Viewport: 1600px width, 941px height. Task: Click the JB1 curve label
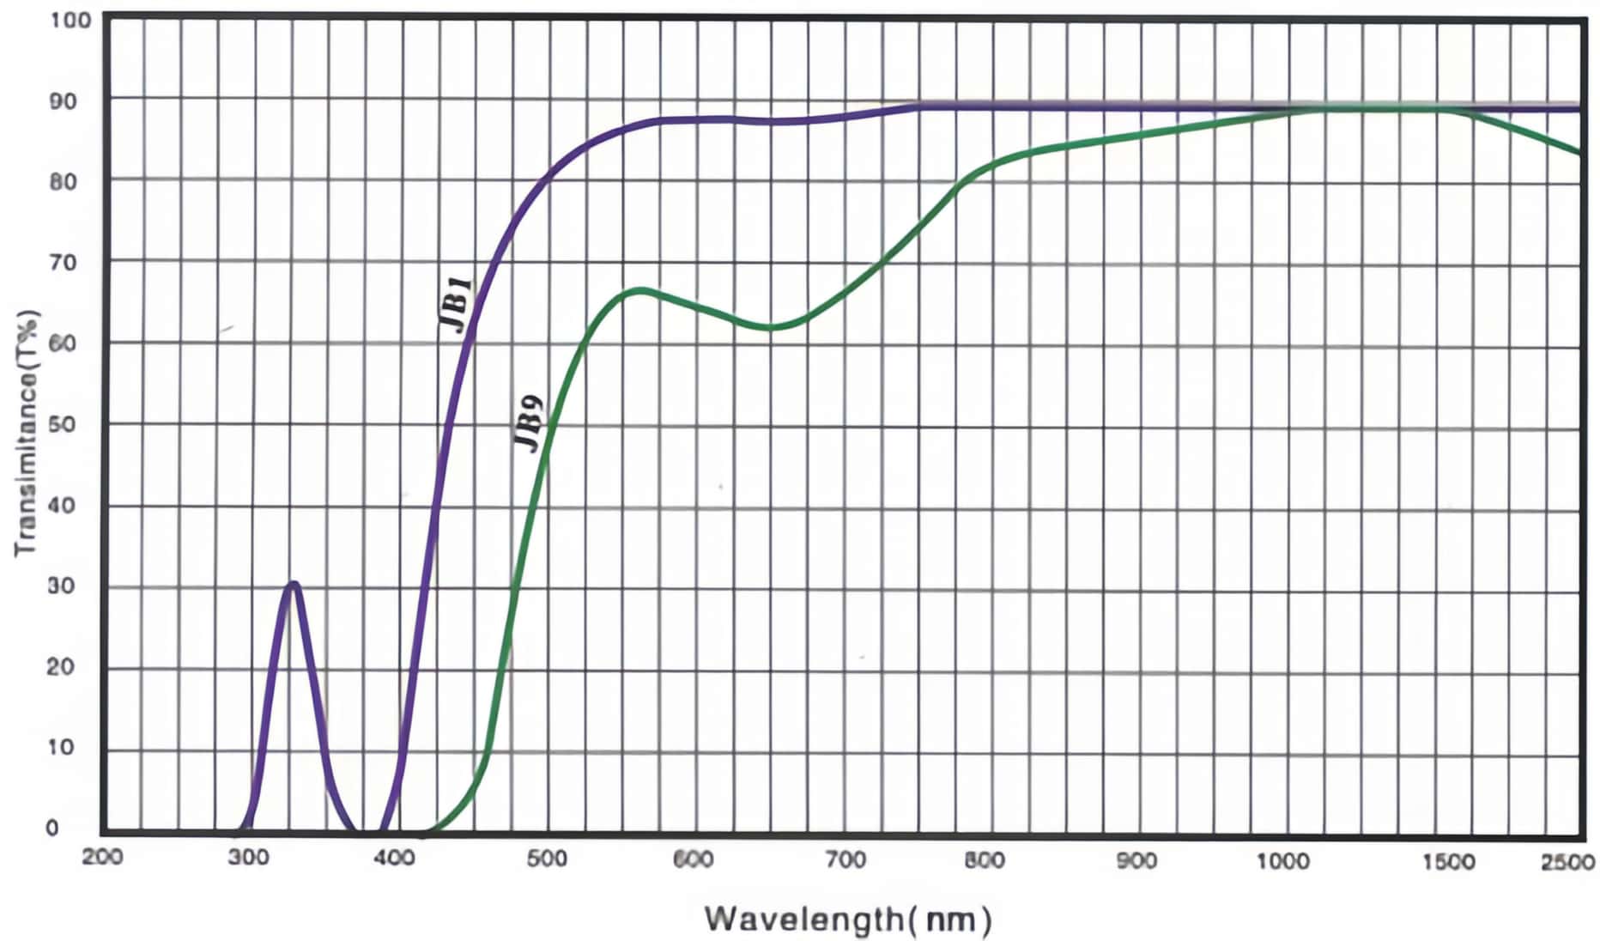(455, 304)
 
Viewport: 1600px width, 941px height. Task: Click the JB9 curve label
(529, 422)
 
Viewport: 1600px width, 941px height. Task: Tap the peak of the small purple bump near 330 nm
(294, 584)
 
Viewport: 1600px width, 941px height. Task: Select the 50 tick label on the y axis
(61, 424)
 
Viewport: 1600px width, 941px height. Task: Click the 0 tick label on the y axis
(52, 828)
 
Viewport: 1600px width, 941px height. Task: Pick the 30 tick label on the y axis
(61, 586)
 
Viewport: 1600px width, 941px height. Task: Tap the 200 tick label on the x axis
(102, 858)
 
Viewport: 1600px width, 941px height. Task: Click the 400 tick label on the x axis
(395, 858)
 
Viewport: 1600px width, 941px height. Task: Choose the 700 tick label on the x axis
(845, 859)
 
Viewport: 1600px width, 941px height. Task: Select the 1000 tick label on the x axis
(1283, 860)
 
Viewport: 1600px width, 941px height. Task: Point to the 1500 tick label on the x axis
(1449, 860)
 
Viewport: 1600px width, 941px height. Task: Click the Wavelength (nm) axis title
(848, 919)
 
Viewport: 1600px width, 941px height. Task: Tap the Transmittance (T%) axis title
(27, 433)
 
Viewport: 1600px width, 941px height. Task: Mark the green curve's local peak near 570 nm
(639, 290)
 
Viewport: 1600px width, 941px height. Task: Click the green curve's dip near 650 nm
(773, 327)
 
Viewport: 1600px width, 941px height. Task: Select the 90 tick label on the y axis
(61, 101)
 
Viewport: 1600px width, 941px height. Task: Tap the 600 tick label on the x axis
(693, 859)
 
